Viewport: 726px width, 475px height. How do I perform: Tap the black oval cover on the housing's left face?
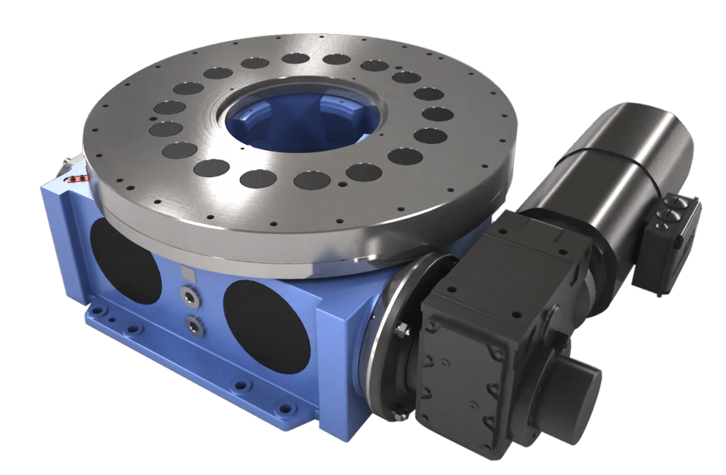[x=125, y=261]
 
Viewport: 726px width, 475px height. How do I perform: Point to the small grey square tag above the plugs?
[x=189, y=274]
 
